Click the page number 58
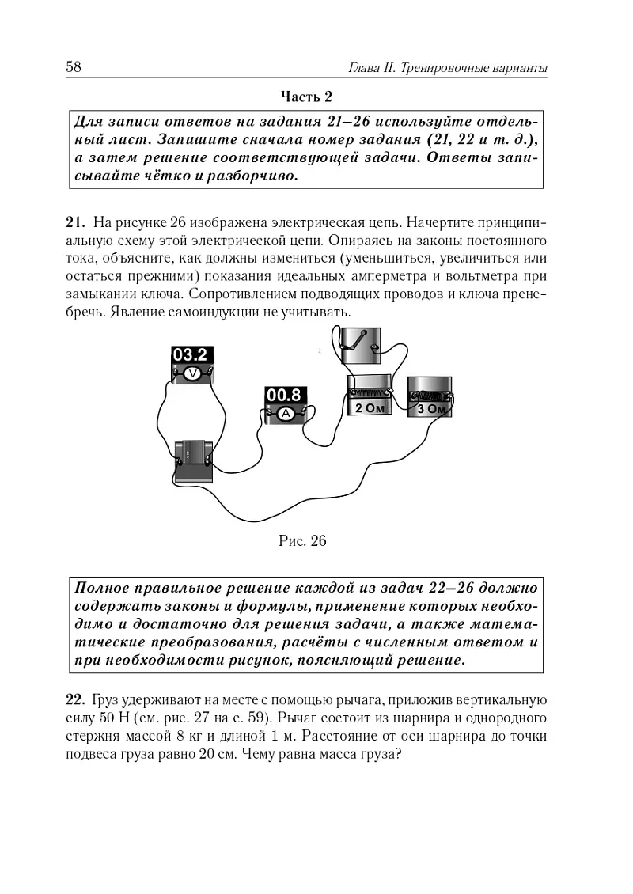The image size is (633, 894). (x=74, y=68)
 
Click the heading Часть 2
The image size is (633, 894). (x=306, y=97)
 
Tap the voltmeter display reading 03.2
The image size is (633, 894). (x=190, y=354)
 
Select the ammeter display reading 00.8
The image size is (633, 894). (x=284, y=394)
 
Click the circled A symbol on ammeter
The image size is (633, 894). (x=283, y=412)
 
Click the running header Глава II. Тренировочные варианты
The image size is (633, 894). (x=449, y=69)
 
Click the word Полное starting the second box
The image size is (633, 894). (x=99, y=589)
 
